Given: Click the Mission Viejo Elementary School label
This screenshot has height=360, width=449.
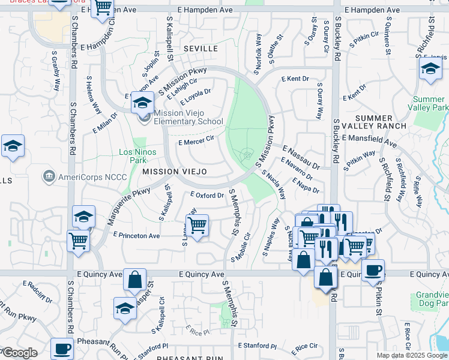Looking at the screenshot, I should [x=188, y=117].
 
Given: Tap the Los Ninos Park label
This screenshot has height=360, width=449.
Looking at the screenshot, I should [x=137, y=156].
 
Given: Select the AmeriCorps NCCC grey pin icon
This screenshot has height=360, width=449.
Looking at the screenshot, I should [x=49, y=177].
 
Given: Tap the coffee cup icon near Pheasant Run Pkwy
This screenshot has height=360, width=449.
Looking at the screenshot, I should [x=62, y=348].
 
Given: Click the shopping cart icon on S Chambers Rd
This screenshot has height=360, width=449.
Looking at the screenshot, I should [x=79, y=241].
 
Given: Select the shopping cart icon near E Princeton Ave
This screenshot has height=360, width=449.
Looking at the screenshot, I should [x=197, y=226].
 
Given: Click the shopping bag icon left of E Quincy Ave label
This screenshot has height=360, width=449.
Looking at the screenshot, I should [x=134, y=279].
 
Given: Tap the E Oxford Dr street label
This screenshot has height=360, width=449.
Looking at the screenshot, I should [x=207, y=195].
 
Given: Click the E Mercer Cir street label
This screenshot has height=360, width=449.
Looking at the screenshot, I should [x=196, y=142].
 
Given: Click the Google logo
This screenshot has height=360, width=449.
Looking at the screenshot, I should [x=19, y=353].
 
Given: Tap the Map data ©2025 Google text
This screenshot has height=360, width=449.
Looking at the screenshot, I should [x=412, y=355].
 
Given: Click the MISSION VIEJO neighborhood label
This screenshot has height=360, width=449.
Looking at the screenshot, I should [x=175, y=172].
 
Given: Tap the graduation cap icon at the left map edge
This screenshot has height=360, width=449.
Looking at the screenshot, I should [x=11, y=146].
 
